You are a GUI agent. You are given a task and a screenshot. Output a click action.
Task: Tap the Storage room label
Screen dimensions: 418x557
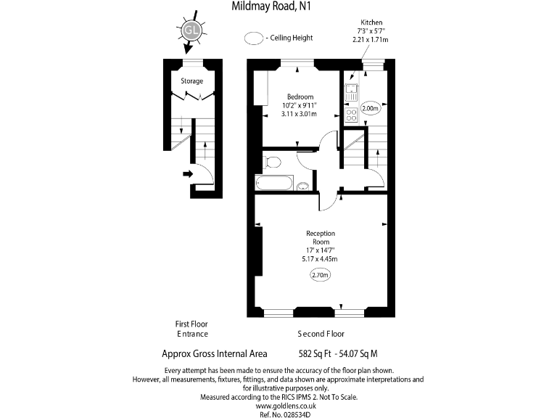[x=192, y=81]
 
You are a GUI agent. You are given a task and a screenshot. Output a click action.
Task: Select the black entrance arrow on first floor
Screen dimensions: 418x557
[x=188, y=173]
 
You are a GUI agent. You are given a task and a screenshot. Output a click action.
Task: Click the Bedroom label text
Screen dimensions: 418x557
[x=300, y=97]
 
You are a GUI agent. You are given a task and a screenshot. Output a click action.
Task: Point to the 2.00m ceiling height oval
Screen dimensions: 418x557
[x=370, y=109]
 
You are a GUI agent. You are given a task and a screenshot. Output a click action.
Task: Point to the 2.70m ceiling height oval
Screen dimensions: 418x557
[x=320, y=275]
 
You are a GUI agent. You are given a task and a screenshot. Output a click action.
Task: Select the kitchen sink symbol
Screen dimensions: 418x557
[x=351, y=93]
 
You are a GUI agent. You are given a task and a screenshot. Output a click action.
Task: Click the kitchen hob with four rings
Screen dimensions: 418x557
[x=351, y=114]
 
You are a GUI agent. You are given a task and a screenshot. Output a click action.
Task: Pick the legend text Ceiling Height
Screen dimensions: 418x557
[x=292, y=38]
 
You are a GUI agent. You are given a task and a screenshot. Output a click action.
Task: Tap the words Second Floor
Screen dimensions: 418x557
[x=321, y=335]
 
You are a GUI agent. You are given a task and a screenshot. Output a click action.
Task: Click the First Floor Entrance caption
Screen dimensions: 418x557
[x=192, y=329]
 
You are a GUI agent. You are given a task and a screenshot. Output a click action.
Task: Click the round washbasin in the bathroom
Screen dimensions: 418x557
[x=303, y=187]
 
